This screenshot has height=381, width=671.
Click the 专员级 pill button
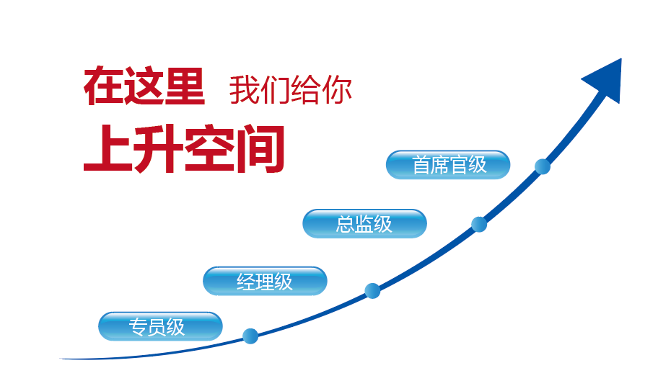pyautogui.click(x=160, y=326)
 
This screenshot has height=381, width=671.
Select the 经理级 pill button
pyautogui.click(x=265, y=281)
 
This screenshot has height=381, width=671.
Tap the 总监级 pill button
pyautogui.click(x=364, y=223)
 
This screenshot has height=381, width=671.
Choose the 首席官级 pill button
pyautogui.click(x=448, y=165)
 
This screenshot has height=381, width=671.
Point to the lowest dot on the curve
pyautogui.click(x=250, y=336)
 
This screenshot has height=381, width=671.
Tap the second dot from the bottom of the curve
pyautogui.click(x=372, y=291)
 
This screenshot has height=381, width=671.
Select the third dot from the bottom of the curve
pyautogui.click(x=479, y=224)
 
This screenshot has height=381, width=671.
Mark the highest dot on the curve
pyautogui.click(x=543, y=166)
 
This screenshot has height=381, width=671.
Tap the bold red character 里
pyautogui.click(x=184, y=86)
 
